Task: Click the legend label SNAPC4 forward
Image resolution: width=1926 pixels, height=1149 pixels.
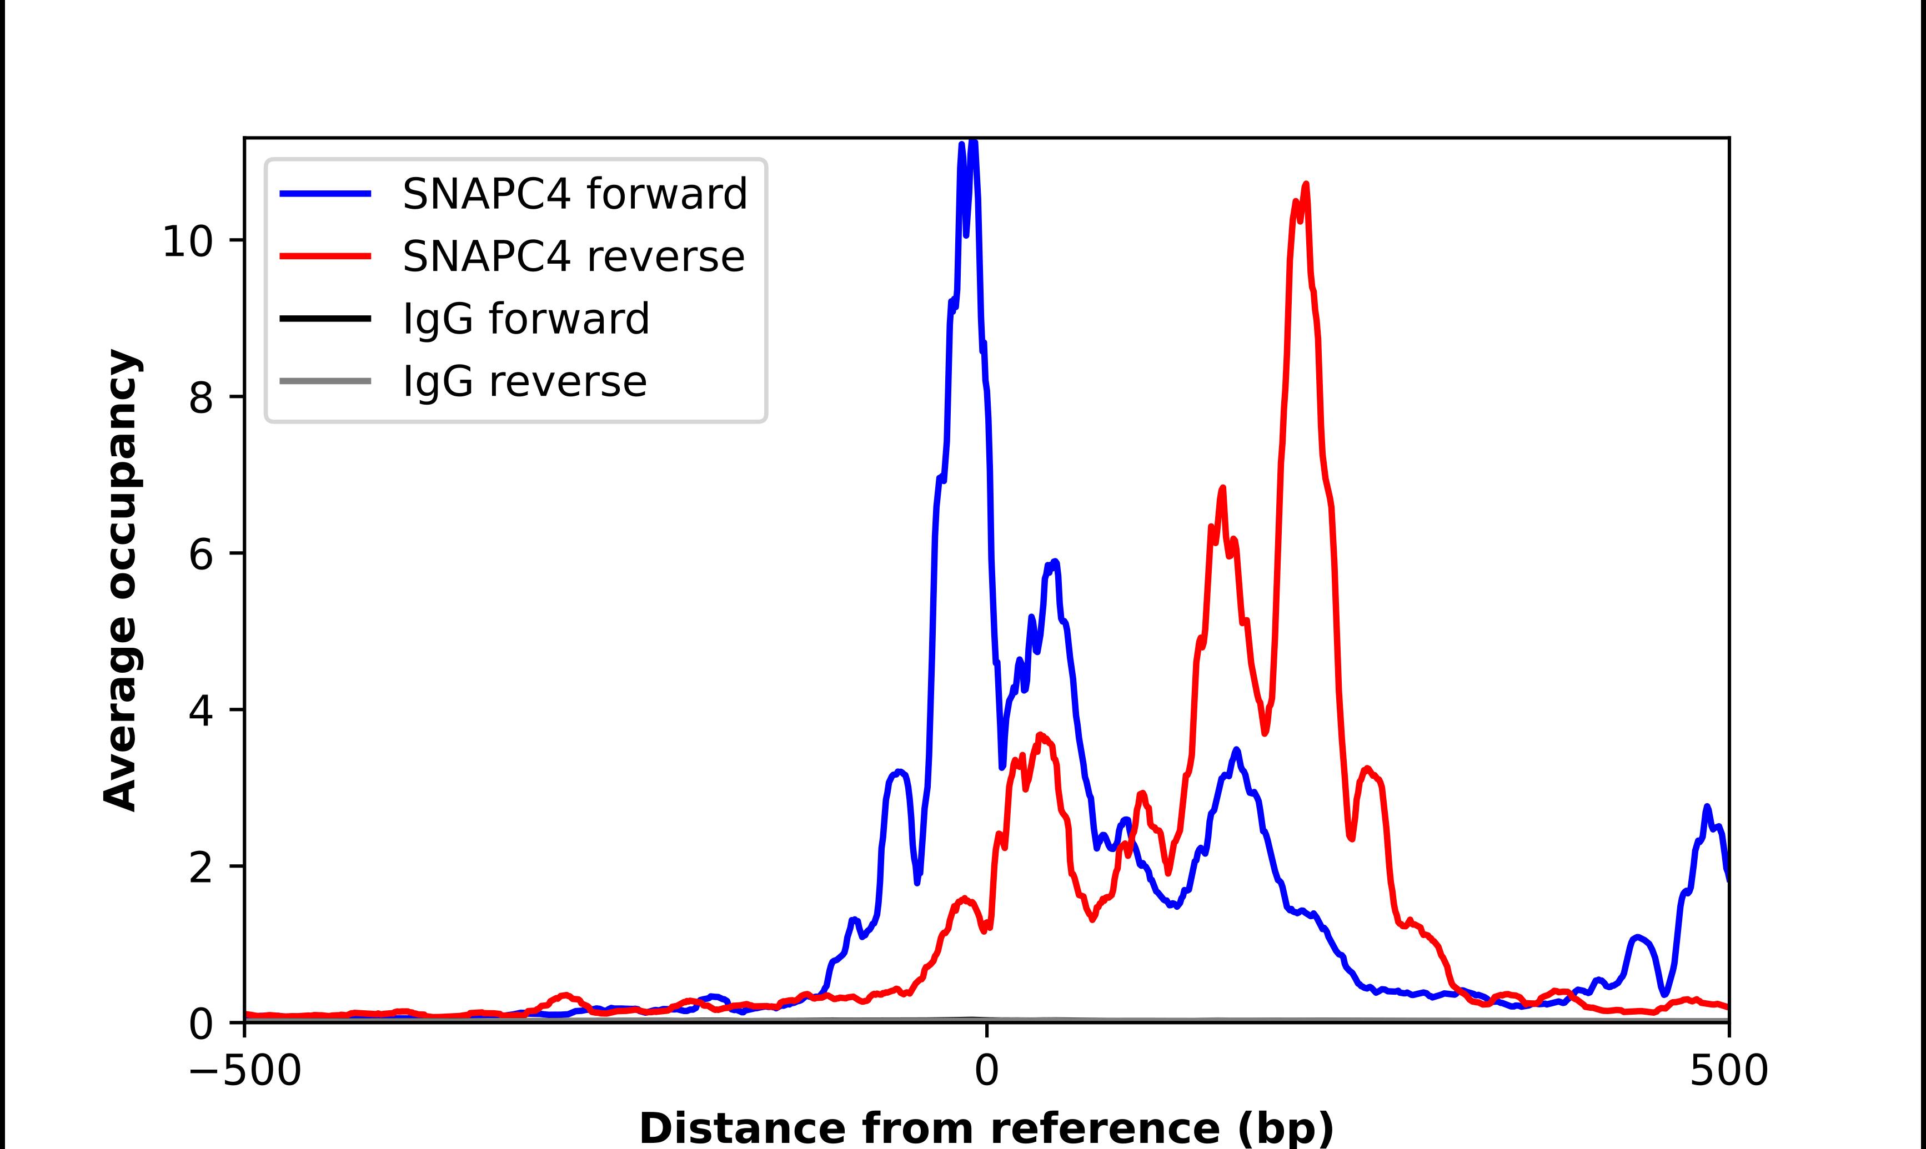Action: point(575,194)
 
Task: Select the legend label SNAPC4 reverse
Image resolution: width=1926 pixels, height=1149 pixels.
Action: point(573,256)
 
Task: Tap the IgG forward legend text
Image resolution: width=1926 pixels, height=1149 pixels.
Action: point(526,319)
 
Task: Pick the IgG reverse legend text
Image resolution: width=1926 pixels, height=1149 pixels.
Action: point(524,382)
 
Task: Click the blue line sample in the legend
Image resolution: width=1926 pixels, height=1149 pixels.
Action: point(325,194)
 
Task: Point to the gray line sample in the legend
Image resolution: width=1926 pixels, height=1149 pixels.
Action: point(325,381)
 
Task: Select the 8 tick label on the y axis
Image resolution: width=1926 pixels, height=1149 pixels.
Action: point(200,399)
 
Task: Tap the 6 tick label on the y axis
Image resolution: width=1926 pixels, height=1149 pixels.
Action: point(200,555)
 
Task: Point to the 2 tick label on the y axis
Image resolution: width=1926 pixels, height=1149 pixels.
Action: point(200,868)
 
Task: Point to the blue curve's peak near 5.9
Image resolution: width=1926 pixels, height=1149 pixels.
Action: point(1055,562)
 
